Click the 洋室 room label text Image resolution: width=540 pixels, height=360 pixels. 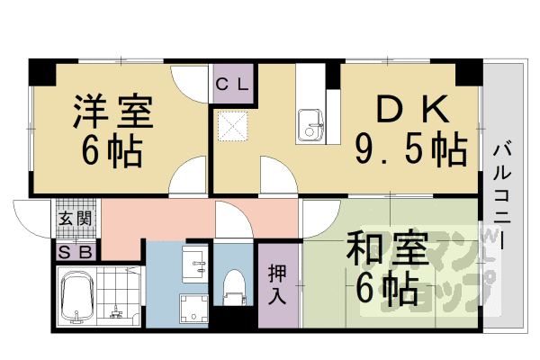point(112,111)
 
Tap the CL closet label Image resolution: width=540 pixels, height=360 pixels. point(234,86)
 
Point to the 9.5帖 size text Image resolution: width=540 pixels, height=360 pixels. point(410,147)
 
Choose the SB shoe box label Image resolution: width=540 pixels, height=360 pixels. point(74,252)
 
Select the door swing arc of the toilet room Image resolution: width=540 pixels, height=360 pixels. point(232,219)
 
